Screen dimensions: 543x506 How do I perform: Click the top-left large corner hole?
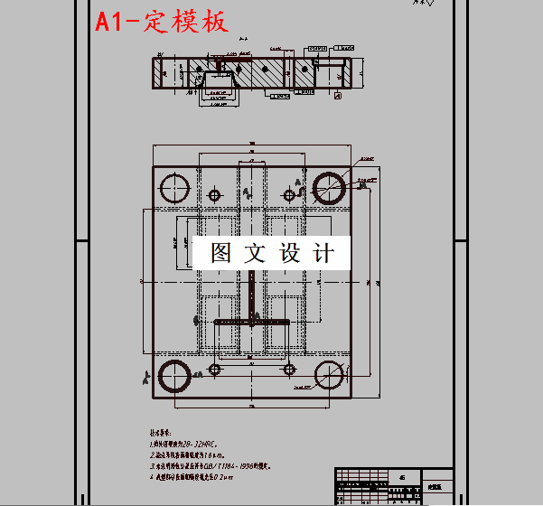(x=173, y=188)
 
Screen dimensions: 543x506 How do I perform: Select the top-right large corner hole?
(x=328, y=186)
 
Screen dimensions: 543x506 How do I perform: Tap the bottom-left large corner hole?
(x=173, y=377)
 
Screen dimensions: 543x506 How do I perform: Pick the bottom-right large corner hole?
(x=329, y=376)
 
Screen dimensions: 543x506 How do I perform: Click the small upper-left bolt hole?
(x=214, y=195)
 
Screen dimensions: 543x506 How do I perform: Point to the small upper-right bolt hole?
(x=289, y=195)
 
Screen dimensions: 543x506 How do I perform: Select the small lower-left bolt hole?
(x=214, y=369)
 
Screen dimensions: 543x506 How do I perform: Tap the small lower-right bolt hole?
(x=289, y=369)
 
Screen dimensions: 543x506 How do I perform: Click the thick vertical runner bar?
(x=250, y=298)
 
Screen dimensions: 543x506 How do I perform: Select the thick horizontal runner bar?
(x=251, y=322)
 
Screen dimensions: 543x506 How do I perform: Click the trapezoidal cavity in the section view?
(x=217, y=83)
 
